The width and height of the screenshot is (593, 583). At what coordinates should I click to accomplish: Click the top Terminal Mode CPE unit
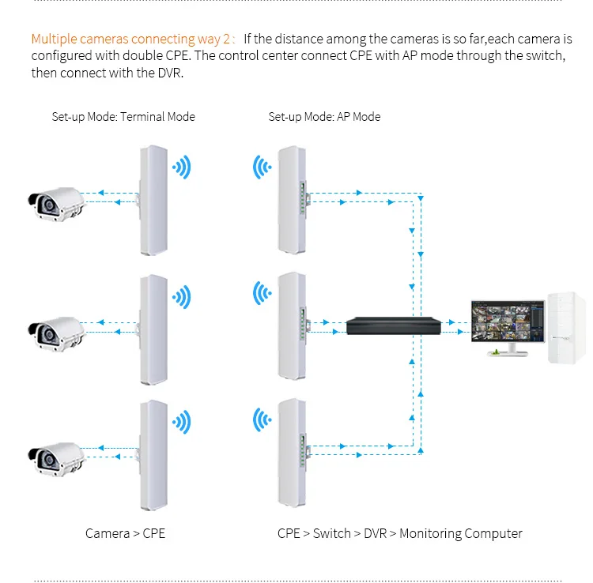[153, 201]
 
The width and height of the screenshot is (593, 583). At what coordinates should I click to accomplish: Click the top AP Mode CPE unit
[289, 201]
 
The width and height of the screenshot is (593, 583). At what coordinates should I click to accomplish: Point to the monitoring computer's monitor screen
[507, 324]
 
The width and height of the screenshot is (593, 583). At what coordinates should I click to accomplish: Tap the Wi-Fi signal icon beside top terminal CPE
[183, 167]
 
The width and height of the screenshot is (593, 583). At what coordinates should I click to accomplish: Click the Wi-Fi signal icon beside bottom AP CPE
[262, 419]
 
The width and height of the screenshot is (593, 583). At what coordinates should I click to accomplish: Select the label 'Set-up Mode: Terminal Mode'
[123, 117]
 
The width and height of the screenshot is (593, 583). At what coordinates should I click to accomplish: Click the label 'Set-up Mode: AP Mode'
[324, 117]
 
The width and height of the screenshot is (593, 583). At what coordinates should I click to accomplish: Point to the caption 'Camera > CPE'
[126, 533]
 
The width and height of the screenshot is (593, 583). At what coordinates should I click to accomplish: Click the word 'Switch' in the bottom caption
[331, 533]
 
